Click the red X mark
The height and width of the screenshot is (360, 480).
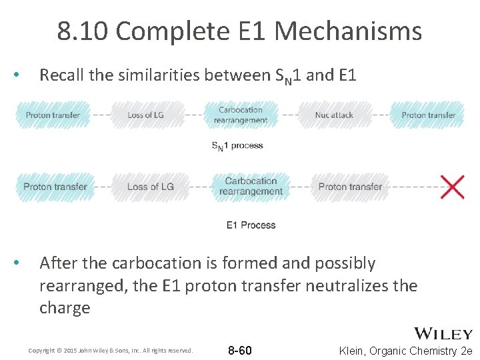(453, 187)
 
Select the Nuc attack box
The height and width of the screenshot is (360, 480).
(333, 115)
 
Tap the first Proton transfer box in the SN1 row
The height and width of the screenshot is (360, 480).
(53, 115)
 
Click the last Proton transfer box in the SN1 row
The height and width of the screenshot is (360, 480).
(428, 115)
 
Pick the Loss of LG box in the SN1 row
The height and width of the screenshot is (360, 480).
(145, 115)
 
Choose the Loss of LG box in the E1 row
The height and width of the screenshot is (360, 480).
(150, 187)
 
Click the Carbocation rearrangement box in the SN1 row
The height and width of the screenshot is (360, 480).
(241, 115)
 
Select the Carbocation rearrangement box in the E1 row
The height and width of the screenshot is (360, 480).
(251, 186)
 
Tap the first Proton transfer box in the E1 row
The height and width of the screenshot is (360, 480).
(55, 187)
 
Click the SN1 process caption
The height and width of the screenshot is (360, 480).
(237, 145)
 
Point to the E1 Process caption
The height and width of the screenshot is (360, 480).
(251, 225)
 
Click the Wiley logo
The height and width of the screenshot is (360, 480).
(443, 333)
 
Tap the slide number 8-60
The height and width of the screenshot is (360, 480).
(240, 350)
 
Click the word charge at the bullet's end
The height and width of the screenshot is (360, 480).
(65, 308)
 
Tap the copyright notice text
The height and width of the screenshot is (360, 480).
(110, 350)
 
